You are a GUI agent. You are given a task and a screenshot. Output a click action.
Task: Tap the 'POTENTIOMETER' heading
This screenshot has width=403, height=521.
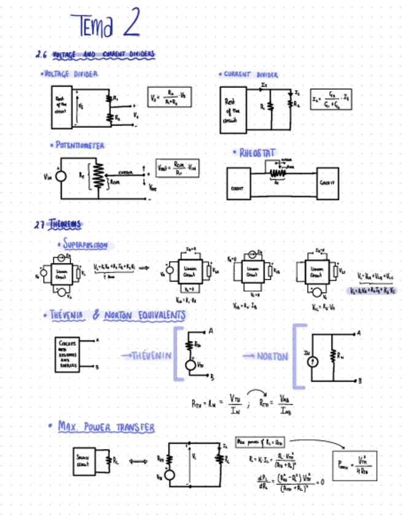tap(79, 146)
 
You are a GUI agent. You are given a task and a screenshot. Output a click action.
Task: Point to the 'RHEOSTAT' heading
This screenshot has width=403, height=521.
tap(257, 152)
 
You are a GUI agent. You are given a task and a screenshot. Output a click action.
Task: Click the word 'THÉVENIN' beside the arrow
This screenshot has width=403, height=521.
tap(147, 356)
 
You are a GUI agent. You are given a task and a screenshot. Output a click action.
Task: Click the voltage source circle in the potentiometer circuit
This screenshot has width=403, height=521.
tap(61, 176)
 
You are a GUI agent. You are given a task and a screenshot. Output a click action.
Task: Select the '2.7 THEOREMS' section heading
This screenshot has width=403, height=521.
tap(58, 224)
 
